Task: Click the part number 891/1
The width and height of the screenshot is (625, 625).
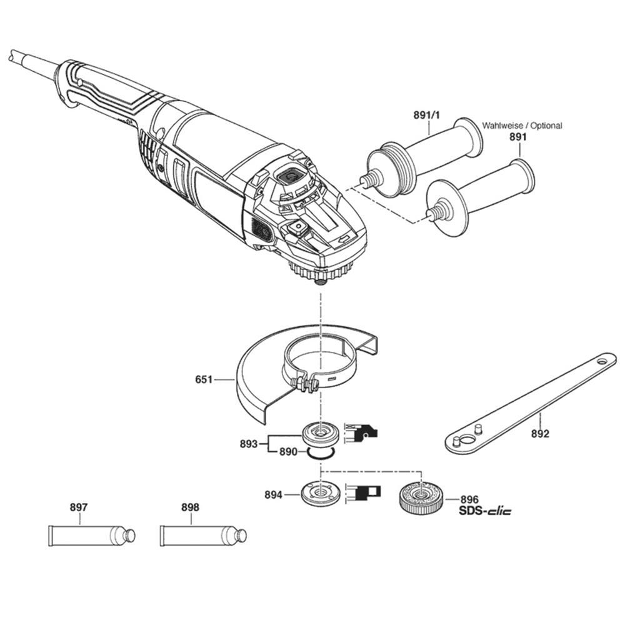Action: click(x=426, y=115)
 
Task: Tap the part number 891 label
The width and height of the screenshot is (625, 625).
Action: click(x=517, y=137)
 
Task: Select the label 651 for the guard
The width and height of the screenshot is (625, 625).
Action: click(x=204, y=379)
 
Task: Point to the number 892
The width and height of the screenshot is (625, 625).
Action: click(x=540, y=434)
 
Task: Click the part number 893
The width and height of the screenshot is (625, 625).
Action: click(x=249, y=444)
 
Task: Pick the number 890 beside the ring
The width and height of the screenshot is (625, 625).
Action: click(x=288, y=452)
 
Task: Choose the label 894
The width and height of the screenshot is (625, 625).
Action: click(x=274, y=494)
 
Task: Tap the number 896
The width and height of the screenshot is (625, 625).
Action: click(x=469, y=499)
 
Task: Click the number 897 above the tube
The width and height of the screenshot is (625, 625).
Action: click(x=79, y=507)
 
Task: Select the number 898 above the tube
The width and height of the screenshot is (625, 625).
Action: click(x=190, y=507)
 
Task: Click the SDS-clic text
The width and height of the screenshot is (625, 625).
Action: click(x=485, y=511)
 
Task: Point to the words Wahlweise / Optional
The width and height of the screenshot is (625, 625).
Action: click(x=522, y=126)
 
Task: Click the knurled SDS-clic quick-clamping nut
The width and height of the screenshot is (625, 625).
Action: click(x=421, y=497)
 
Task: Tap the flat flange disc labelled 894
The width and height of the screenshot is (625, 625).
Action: click(x=320, y=493)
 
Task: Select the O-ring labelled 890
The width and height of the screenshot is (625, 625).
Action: click(x=320, y=452)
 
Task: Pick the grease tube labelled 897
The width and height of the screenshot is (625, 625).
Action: click(x=92, y=536)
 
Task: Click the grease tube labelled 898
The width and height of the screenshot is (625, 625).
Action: click(x=203, y=536)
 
